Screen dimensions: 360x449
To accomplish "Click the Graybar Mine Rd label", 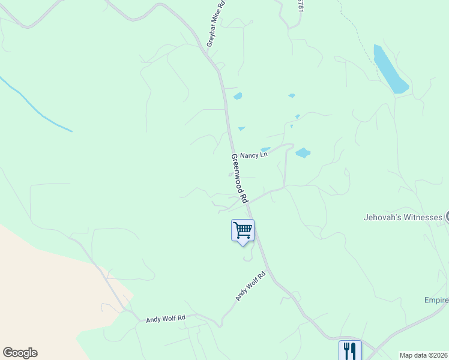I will click(x=215, y=24).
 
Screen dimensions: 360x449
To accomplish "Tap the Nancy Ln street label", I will click(x=253, y=155).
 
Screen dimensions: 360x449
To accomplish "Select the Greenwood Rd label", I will click(x=240, y=179).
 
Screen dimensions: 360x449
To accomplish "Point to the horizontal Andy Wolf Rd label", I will click(x=166, y=319).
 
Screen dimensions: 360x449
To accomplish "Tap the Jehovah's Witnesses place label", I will click(x=403, y=217).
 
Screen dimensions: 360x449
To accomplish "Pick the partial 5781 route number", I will click(x=301, y=5).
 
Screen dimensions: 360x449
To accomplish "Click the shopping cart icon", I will click(x=243, y=230).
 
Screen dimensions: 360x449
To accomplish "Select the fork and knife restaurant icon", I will click(x=350, y=350).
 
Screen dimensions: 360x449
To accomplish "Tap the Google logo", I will click(x=20, y=353).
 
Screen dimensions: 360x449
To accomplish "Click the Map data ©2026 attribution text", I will click(x=424, y=355).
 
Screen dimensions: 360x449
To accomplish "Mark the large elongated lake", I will click(x=390, y=70).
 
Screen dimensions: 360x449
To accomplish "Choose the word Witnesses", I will click(x=421, y=217).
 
